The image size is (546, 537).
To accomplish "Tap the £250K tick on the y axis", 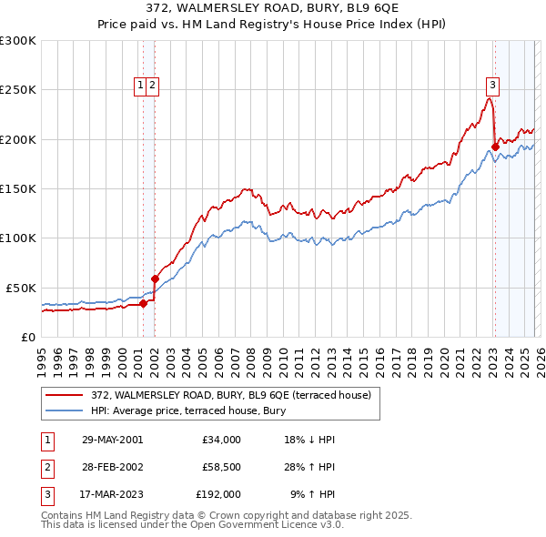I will pyautogui.click(x=18, y=90).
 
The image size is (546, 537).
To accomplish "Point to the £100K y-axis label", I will pyautogui.click(x=18, y=238).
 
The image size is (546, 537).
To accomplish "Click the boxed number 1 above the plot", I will pyautogui.click(x=142, y=86).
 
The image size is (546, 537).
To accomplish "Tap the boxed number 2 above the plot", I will pyautogui.click(x=153, y=86).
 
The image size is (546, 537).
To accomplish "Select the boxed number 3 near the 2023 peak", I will pyautogui.click(x=492, y=86).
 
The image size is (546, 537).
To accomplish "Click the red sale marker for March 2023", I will pyautogui.click(x=494, y=147).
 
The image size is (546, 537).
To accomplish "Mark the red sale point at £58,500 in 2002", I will pyautogui.click(x=155, y=279).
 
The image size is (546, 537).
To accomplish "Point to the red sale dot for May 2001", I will pyautogui.click(x=143, y=303).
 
